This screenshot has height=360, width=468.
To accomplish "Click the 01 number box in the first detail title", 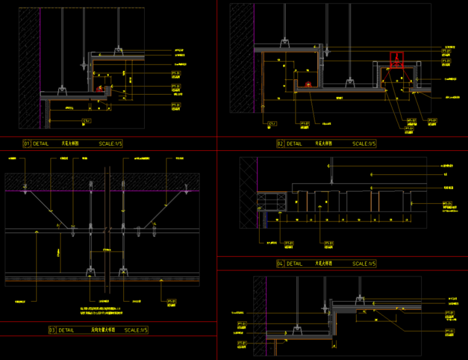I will point(26,143).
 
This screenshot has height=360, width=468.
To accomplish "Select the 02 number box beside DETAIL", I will point(280,143).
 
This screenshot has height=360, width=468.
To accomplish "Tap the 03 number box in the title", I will point(52,330).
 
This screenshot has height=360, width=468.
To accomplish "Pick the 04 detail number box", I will point(280,263).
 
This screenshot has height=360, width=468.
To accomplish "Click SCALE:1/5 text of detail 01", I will point(111,143).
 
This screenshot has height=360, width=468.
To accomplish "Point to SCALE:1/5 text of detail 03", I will point(136,330).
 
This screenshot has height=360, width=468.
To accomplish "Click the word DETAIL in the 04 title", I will point(294,263).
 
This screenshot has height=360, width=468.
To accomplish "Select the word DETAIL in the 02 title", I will point(294,143).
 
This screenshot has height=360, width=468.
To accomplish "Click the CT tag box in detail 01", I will point(87,121).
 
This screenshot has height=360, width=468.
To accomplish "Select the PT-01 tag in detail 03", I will point(172,302).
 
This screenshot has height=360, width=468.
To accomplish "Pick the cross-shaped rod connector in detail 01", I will point(81,63).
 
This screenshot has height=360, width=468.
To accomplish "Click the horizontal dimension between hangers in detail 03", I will point(106,250).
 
